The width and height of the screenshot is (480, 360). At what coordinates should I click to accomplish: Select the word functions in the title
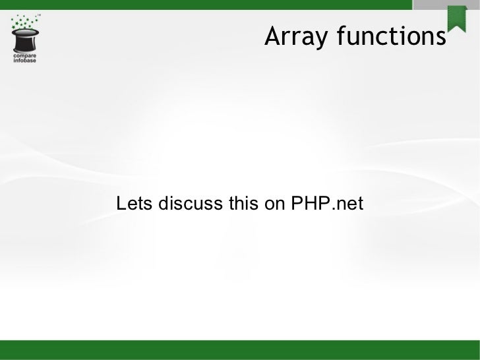[391, 38]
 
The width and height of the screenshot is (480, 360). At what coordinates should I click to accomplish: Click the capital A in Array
[272, 38]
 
